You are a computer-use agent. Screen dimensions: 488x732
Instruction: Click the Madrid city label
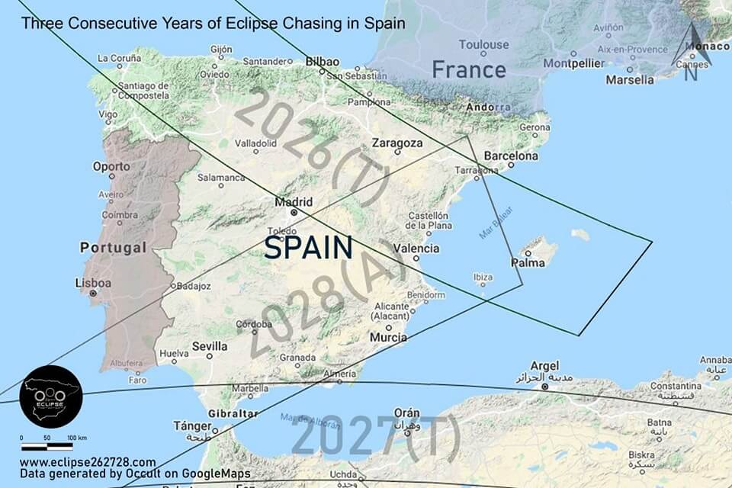[x=294, y=202]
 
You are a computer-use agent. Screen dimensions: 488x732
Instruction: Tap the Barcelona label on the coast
[x=511, y=156]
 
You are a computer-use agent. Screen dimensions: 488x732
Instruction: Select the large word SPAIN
[x=309, y=247]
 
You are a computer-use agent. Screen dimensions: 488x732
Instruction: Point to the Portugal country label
[x=113, y=248]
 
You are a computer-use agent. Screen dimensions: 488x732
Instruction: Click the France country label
[x=469, y=70]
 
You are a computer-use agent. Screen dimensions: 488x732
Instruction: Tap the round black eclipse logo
[x=51, y=395]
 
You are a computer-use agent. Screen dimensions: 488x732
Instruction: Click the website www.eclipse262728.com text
[x=88, y=462]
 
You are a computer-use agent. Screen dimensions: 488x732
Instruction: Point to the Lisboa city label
[x=93, y=283]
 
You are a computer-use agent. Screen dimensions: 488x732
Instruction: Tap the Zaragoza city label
[x=397, y=143]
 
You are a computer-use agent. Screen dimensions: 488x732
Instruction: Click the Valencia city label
[x=416, y=249]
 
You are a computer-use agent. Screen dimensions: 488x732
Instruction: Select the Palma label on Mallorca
[x=527, y=263]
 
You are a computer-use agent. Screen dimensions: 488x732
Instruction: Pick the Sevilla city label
[x=210, y=346]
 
